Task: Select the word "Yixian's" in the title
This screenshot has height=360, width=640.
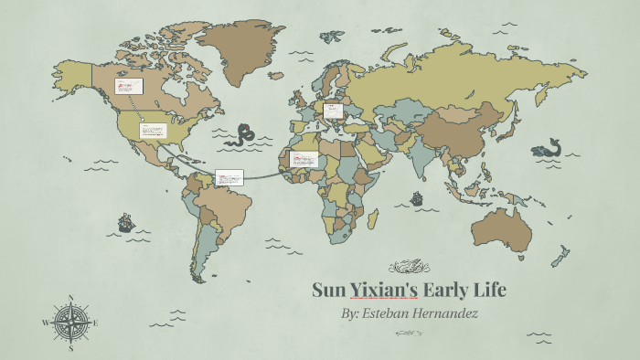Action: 385,291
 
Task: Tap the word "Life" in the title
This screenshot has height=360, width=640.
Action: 485,291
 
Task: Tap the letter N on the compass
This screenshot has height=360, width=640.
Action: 71,297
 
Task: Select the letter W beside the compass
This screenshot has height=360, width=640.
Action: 46,323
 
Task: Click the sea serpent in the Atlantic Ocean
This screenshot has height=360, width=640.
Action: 243,135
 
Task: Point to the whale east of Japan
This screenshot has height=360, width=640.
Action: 547,147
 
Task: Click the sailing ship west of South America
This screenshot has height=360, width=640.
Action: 125,222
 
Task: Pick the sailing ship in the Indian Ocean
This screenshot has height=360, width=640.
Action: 416,197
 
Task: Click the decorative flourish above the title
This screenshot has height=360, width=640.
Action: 409,267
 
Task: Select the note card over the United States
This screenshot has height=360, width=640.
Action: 154,130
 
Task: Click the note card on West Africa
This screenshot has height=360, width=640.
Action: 303,159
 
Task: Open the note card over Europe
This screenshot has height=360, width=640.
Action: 333,111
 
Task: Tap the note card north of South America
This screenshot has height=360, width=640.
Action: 229,178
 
